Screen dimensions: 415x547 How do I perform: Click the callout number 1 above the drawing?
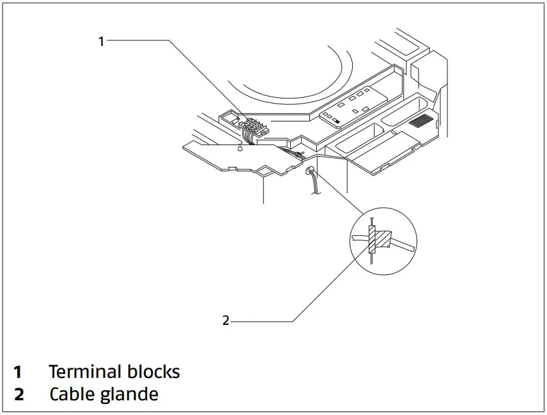pyautogui.click(x=100, y=41)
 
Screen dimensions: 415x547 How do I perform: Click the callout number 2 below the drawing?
pyautogui.click(x=226, y=320)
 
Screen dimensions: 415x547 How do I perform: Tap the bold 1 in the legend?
pyautogui.click(x=18, y=372)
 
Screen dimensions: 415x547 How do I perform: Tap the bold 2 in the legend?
pyautogui.click(x=19, y=395)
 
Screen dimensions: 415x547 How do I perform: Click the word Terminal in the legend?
pyautogui.click(x=84, y=372)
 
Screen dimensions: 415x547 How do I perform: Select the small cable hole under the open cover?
pyautogui.click(x=309, y=171)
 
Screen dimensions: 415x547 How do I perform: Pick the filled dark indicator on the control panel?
pyautogui.click(x=336, y=119)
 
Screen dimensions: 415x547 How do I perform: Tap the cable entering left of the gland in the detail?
pyautogui.click(x=358, y=239)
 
